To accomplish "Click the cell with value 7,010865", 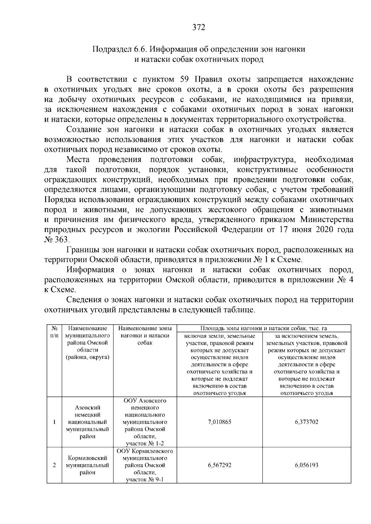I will (x=220, y=422).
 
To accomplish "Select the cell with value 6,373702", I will (x=306, y=422).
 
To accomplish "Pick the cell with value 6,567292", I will (x=220, y=465).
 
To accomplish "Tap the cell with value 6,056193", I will (x=306, y=465).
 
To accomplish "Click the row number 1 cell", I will (x=54, y=422).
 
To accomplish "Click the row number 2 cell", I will (x=54, y=465).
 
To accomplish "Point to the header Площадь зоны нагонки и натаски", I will (x=264, y=328).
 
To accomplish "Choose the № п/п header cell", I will (x=54, y=332).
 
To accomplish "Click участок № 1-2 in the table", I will (x=145, y=443).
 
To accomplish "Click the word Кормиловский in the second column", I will (x=87, y=458).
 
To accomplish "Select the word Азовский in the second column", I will (x=87, y=408).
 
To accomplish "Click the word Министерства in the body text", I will (x=327, y=220).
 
